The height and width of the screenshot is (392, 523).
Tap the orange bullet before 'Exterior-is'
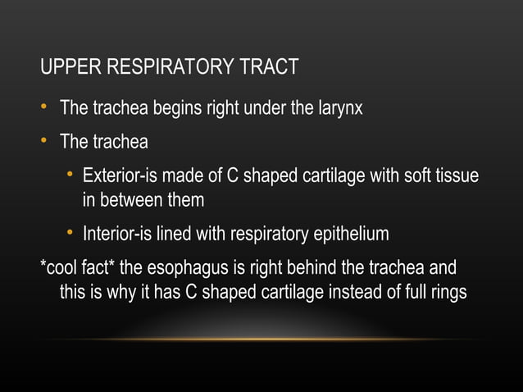70,176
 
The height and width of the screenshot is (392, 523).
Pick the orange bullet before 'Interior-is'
70,235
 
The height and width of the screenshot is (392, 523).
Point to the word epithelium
352,235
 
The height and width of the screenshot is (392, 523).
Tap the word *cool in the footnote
62,269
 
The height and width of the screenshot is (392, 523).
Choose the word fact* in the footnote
107,269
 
